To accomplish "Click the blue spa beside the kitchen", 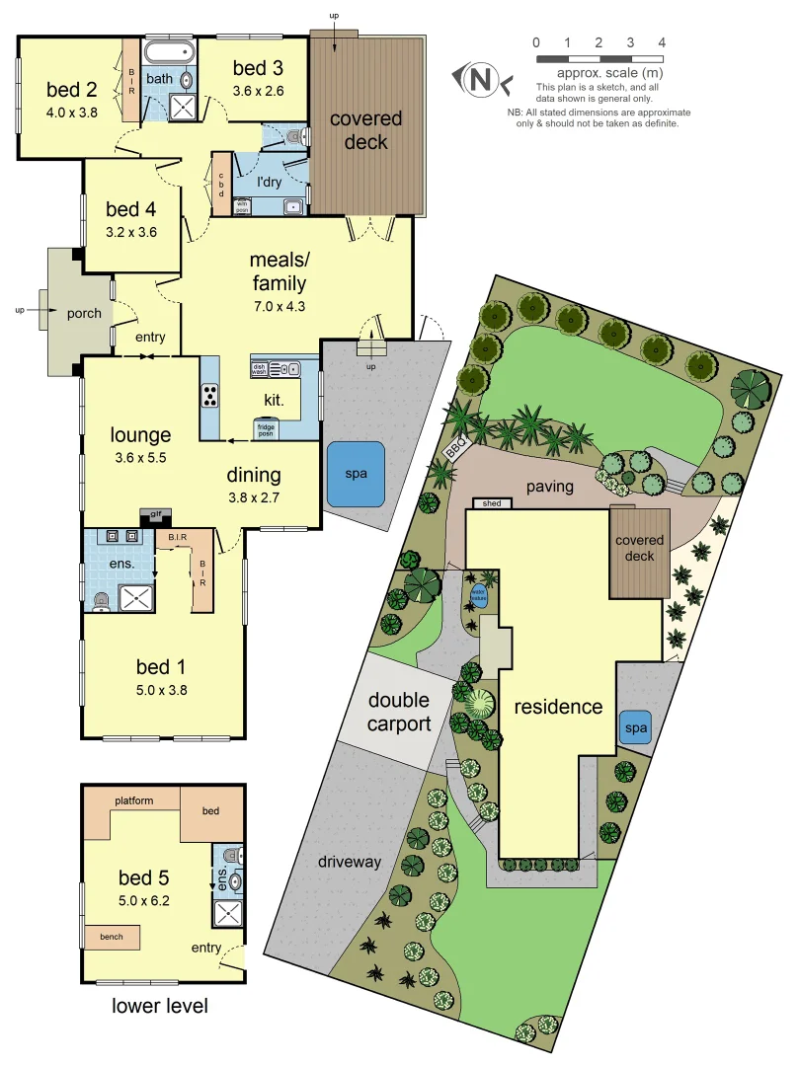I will tap(356, 474).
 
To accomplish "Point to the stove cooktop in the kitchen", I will tap(210, 395).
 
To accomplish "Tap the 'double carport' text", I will tap(399, 712).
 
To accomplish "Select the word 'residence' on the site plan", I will tap(557, 707).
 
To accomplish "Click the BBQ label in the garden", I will tap(455, 448).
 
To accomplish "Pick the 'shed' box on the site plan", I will tap(491, 503).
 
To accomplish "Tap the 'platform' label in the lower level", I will tap(133, 800).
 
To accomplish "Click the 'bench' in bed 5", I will tap(112, 936).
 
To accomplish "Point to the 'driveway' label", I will tap(349, 862).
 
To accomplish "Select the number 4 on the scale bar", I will tap(662, 42).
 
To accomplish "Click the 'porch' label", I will tap(84, 314).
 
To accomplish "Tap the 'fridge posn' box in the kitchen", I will tap(267, 429).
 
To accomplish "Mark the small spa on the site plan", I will tap(635, 728).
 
